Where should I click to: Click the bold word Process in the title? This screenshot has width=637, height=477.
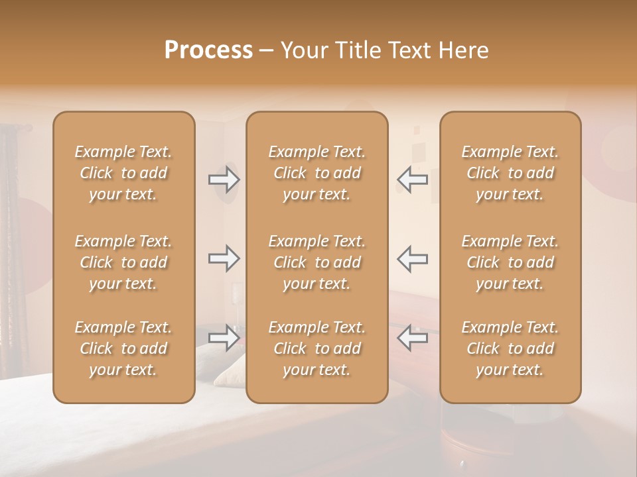point(208,50)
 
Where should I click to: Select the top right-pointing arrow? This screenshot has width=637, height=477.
point(224,179)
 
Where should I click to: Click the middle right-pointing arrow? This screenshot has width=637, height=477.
point(224,258)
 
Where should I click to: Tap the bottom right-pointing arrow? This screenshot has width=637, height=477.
point(224,337)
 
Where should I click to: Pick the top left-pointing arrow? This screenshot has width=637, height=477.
point(412,179)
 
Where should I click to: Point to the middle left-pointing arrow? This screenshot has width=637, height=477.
point(412,258)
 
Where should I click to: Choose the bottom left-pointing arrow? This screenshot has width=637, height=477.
point(412,337)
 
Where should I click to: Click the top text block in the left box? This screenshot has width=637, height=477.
point(123,173)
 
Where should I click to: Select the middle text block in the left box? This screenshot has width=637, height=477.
point(123,262)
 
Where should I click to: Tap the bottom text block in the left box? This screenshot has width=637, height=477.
point(123,348)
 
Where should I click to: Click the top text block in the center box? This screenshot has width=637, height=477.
point(317,173)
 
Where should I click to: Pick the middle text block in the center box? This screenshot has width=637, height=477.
point(317,262)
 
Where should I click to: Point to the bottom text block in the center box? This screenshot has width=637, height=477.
point(317,348)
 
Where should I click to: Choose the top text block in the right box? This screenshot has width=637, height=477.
point(510,173)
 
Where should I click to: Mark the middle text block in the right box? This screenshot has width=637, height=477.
point(510,262)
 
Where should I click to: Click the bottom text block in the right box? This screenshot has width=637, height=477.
point(510,348)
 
